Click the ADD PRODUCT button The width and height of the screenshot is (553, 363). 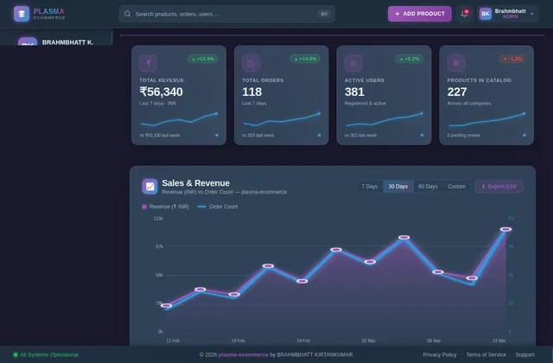(x=419, y=14)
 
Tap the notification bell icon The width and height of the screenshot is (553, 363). (x=464, y=14)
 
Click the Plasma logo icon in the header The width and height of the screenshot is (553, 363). (x=21, y=14)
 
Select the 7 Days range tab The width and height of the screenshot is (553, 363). (x=370, y=186)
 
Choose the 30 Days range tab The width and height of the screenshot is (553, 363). (x=398, y=186)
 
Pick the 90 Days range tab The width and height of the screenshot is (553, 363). (x=428, y=186)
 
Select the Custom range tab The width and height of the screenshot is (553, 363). (x=456, y=186)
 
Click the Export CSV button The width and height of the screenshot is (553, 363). (x=499, y=186)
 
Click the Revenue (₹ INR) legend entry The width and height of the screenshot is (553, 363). (x=165, y=207)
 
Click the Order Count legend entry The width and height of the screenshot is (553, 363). (x=218, y=207)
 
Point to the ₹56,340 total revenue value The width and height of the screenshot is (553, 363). (x=161, y=92)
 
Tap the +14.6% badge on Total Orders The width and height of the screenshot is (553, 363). (x=306, y=59)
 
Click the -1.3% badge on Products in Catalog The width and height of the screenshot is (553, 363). (x=512, y=59)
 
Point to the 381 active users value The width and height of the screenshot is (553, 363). (x=354, y=92)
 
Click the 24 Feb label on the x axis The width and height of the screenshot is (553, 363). (x=303, y=341)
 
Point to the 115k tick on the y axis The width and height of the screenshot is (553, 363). (x=158, y=219)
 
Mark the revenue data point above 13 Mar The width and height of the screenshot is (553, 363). (x=505, y=229)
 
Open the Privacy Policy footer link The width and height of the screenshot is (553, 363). (x=440, y=354)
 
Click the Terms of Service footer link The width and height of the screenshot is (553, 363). (x=486, y=354)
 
